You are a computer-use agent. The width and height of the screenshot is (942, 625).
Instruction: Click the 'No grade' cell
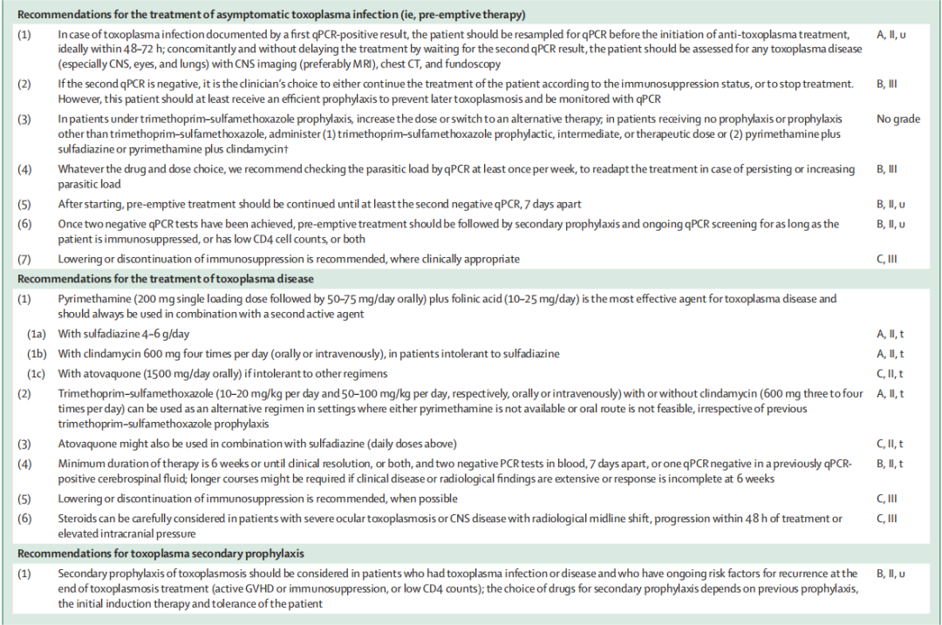(x=898, y=119)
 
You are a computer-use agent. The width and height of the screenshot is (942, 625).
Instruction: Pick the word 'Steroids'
(x=79, y=519)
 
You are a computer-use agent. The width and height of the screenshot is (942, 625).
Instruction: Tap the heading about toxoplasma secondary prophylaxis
(x=161, y=553)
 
